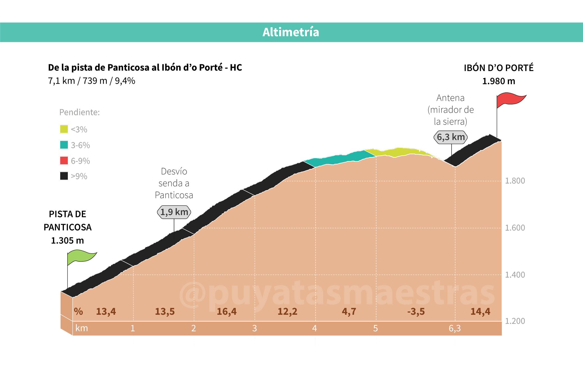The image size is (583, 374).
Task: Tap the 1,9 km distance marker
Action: tap(174, 212)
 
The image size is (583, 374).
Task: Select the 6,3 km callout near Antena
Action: tap(451, 137)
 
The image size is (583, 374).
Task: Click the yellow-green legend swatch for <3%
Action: tap(64, 129)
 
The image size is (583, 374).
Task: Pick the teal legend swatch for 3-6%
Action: tap(64, 145)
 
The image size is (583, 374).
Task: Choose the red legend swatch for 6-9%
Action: tap(64, 160)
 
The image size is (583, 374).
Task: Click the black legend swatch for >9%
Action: tap(64, 176)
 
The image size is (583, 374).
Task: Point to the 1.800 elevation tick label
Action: tap(515, 181)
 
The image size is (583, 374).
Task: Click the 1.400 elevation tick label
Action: tap(515, 275)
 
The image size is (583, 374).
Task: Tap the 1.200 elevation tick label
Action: tap(515, 321)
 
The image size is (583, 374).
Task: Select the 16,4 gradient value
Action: tap(226, 311)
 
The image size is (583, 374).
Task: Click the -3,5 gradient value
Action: tap(416, 311)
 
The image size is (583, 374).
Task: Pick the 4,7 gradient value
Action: tap(349, 311)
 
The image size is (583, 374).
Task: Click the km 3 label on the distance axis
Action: tap(255, 328)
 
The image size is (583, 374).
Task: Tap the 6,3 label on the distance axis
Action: tap(455, 328)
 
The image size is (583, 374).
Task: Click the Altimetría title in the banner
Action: tap(291, 32)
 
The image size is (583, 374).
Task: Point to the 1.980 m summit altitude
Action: tap(499, 81)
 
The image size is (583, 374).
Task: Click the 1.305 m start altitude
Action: tap(68, 240)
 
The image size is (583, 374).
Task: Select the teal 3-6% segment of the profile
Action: tap(339, 158)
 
